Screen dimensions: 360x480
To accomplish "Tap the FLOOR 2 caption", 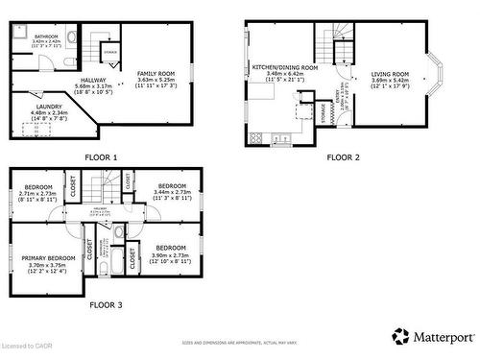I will coord(344,156).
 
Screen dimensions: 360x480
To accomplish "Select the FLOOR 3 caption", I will coord(107,305).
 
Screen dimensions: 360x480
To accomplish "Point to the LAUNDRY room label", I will coord(49,107).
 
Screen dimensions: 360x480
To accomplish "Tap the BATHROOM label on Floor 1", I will coord(46,37).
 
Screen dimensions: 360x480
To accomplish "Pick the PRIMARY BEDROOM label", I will coord(48,258).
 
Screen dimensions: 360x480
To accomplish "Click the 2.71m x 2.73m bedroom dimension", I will coord(38,193).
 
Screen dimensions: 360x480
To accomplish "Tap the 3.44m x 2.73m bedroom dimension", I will coord(172,192).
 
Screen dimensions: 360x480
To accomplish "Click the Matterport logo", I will coord(432,336).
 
